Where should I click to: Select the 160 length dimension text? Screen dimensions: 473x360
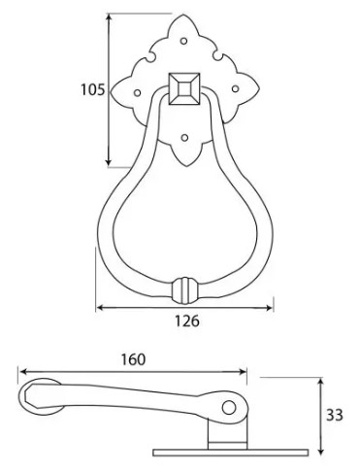(134, 359)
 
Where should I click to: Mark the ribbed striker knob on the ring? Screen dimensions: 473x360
(181, 291)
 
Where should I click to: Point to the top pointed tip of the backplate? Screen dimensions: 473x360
(181, 14)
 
